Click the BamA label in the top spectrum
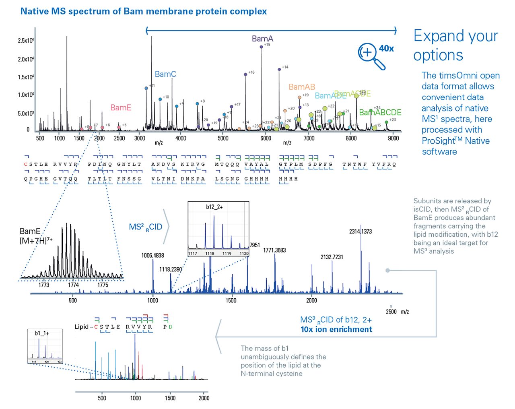pos(262,39)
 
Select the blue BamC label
pos(165,74)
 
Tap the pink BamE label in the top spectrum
pos(121,107)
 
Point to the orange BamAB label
pos(302,87)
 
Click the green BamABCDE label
pos(380,112)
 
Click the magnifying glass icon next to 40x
pos(371,56)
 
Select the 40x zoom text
pos(386,48)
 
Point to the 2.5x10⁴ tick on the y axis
pos(25,41)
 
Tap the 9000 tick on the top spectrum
pos(393,138)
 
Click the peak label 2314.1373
pos(360,231)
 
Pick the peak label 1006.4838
pos(152,256)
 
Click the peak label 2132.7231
pos(332,257)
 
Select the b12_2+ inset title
pos(214,207)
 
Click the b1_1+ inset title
pos(42,333)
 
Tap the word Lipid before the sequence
pos(81,327)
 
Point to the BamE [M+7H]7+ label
pos(35,236)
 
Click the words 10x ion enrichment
pos(336,329)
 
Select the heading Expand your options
pos(455,45)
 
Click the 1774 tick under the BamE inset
pos(73,285)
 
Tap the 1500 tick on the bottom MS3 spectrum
pos(170,398)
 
